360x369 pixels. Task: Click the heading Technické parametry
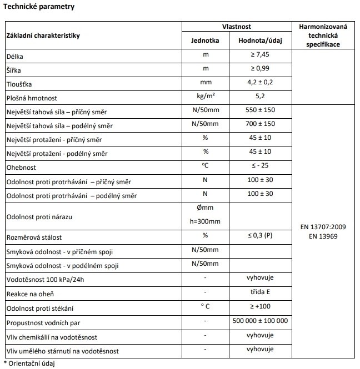coord(39,7)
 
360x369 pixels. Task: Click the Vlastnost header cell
coord(237,26)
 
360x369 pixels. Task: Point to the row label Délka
coord(15,57)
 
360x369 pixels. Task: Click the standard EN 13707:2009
coord(323,227)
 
